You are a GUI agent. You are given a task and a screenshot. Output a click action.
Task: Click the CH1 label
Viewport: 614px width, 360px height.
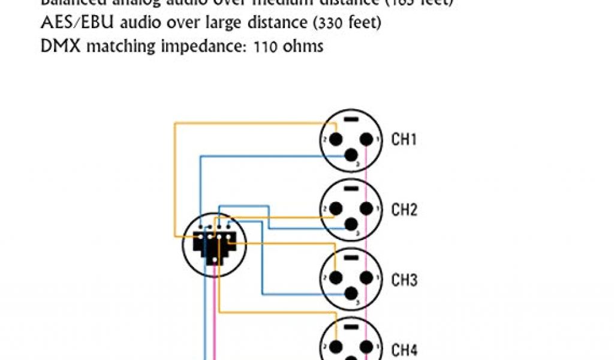(404, 140)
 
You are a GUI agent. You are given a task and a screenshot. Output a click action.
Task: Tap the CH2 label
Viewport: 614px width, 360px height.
(404, 210)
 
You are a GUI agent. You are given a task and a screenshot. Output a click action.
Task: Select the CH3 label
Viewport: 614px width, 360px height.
(404, 280)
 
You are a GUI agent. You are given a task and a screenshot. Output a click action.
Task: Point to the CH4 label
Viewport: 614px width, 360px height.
(404, 350)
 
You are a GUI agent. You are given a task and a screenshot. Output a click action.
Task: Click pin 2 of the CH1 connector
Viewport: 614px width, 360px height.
(336, 139)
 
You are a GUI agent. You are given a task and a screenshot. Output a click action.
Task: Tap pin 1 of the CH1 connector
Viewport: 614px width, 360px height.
(365, 139)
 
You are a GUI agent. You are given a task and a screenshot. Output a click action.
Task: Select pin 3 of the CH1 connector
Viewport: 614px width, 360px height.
(351, 156)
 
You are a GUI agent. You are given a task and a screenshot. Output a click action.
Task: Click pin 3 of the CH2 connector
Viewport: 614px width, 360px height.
(351, 226)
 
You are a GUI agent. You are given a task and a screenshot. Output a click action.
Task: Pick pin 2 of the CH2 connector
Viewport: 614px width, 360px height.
(336, 209)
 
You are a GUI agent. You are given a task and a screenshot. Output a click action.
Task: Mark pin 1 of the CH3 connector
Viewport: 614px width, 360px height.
(365, 279)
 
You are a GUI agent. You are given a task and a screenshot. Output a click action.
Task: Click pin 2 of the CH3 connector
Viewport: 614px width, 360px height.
(336, 279)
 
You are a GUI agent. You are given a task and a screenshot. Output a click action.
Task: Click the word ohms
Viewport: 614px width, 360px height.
(305, 46)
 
